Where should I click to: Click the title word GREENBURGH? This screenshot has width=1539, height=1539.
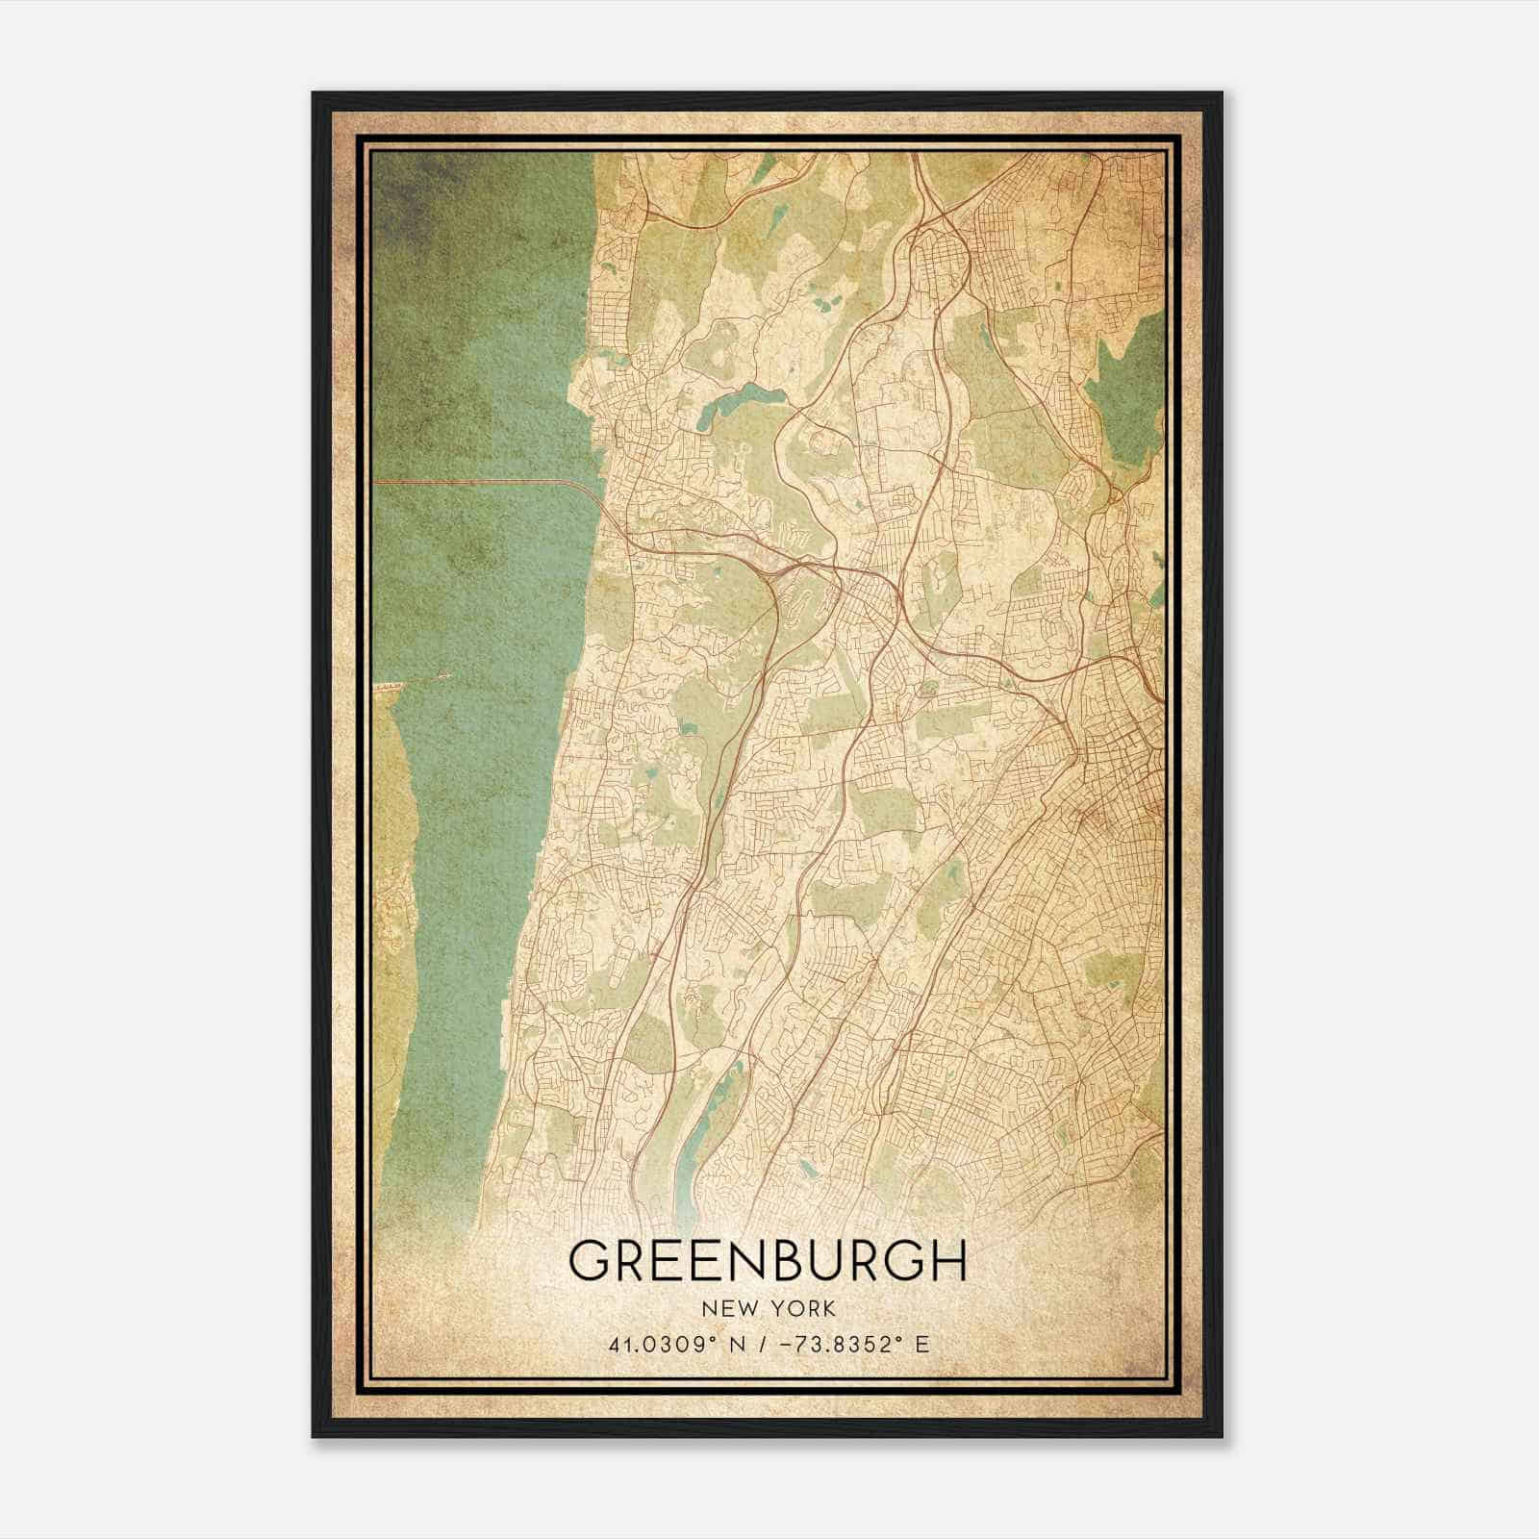768,1260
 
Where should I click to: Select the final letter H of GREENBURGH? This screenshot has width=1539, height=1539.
946,1260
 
